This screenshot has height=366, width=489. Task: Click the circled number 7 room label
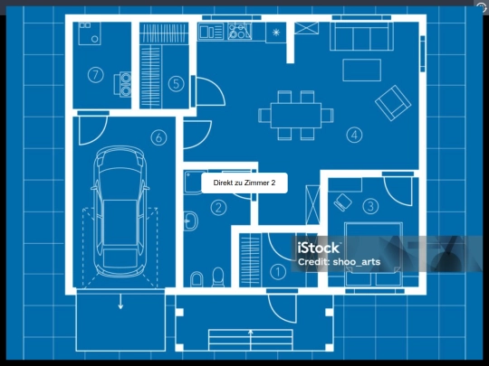(95, 75)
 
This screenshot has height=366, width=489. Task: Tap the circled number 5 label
(176, 84)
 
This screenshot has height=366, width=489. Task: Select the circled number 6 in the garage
(158, 137)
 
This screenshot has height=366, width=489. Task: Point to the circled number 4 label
(354, 135)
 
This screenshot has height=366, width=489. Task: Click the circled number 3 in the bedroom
(370, 206)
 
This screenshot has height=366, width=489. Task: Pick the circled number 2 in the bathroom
(218, 208)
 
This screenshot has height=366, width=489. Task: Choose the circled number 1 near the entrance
(278, 272)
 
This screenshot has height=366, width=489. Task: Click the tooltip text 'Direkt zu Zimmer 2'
(244, 183)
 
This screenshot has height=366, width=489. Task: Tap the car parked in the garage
(120, 211)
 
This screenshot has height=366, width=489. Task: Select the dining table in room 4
(296, 116)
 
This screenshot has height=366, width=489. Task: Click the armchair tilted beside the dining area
(393, 103)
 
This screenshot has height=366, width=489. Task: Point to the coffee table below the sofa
(361, 70)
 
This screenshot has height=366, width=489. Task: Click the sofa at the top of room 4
(361, 36)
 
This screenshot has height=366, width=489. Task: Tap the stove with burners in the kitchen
(239, 31)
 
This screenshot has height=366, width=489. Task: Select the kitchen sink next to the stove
(211, 32)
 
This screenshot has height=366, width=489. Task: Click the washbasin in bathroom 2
(190, 221)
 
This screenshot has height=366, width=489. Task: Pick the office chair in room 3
(342, 202)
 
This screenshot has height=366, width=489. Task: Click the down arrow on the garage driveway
(120, 302)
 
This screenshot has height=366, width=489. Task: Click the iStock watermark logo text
(318, 248)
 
